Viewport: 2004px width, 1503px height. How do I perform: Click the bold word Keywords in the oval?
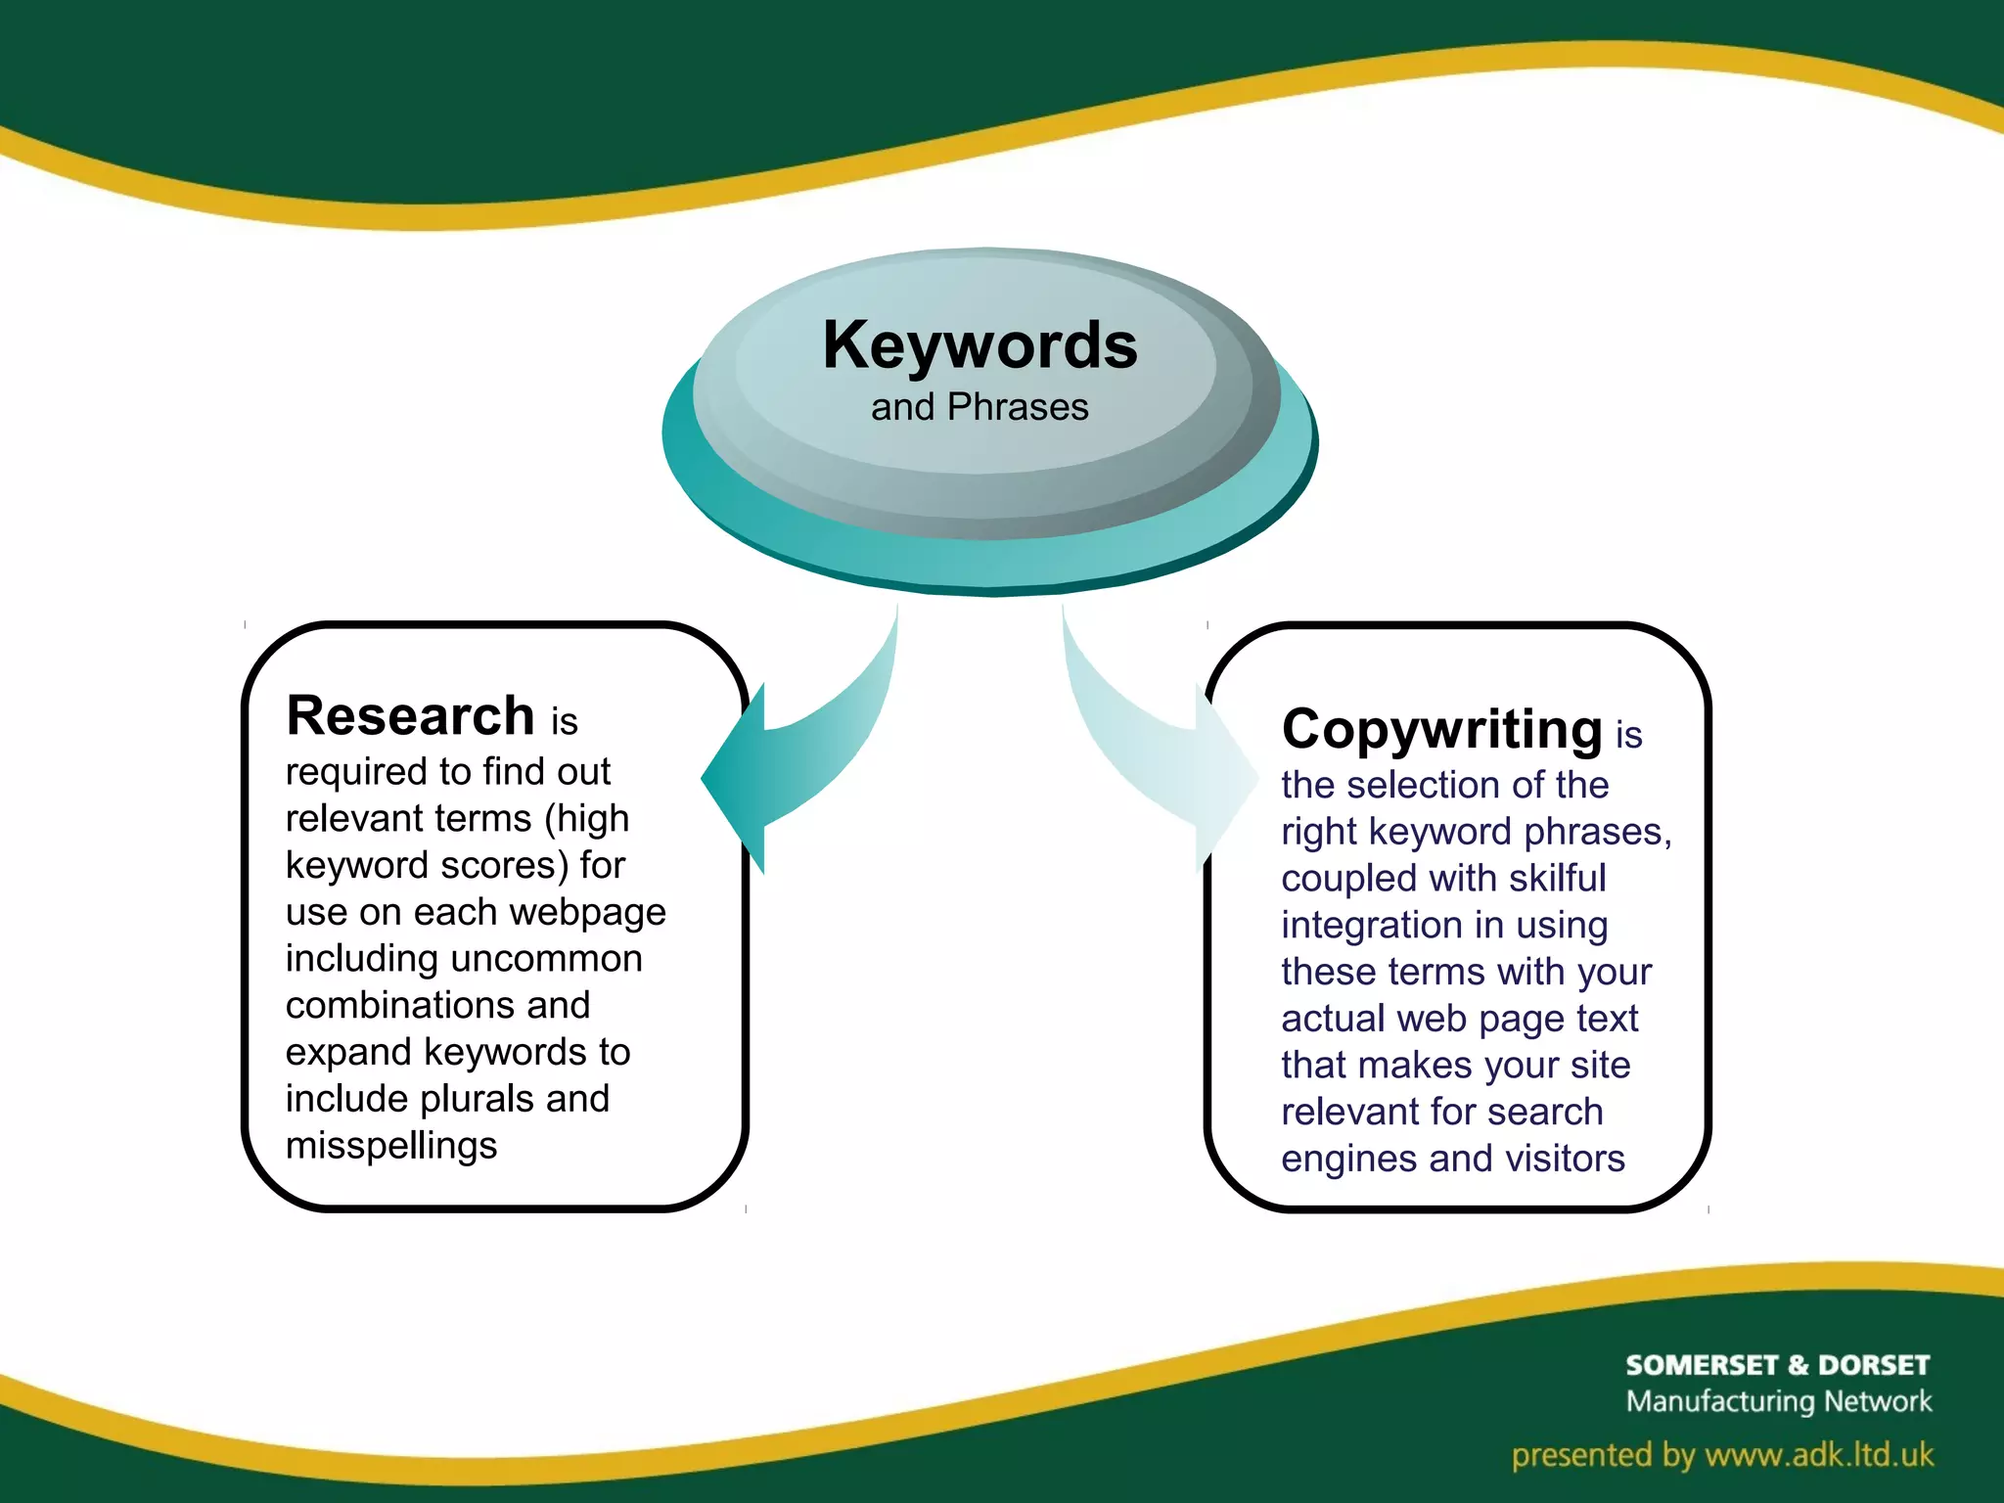click(979, 345)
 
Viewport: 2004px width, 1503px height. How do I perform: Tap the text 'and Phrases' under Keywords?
click(979, 407)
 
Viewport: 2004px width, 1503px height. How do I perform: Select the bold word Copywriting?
click(1441, 729)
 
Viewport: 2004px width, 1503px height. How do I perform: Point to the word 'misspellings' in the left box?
click(391, 1145)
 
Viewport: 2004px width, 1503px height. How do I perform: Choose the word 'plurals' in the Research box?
click(478, 1099)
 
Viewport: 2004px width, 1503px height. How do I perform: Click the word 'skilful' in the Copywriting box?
click(1557, 878)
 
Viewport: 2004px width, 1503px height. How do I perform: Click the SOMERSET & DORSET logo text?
click(1777, 1365)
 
